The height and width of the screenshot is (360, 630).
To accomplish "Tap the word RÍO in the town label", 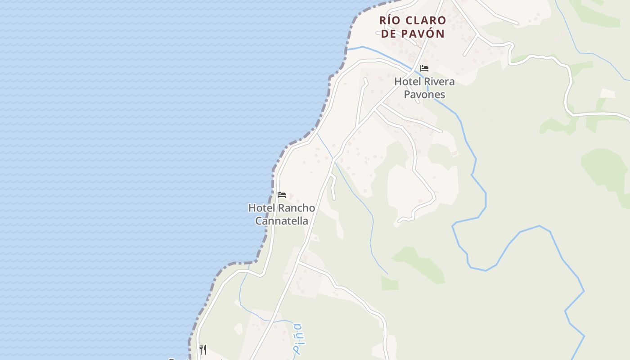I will click(x=390, y=21).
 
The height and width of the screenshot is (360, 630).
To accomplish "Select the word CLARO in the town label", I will click(x=426, y=21).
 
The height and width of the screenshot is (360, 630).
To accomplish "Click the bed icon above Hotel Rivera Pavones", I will click(x=424, y=68).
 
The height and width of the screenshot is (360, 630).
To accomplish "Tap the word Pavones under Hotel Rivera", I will click(x=424, y=94).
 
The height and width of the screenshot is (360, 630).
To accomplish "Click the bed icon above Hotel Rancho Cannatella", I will click(x=282, y=195).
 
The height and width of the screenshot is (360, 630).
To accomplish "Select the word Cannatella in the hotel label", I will click(x=282, y=221).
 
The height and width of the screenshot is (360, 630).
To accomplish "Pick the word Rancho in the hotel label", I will click(x=297, y=208).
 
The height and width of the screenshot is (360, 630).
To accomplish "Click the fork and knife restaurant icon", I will click(x=203, y=349).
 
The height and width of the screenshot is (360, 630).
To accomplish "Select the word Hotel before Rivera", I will click(x=408, y=82).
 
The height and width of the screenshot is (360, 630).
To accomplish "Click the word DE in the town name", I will click(x=388, y=34).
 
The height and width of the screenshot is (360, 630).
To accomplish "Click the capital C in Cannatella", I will click(x=259, y=221).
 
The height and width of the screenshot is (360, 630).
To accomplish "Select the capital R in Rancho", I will click(x=282, y=208).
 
